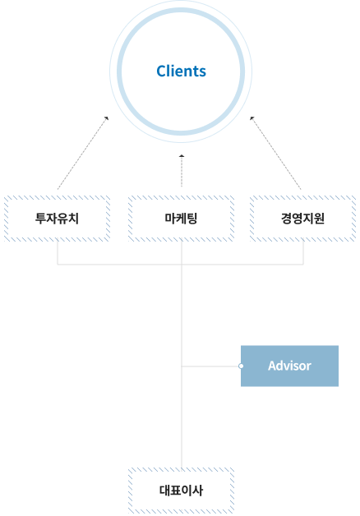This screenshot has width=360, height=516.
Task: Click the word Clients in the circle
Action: click(x=181, y=71)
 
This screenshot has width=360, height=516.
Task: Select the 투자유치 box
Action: click(x=57, y=219)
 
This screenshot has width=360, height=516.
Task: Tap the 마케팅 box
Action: click(x=181, y=219)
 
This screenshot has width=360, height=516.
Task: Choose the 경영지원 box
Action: click(x=302, y=219)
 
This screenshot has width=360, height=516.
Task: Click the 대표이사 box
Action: click(x=181, y=491)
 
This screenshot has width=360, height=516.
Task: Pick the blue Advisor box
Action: click(x=289, y=366)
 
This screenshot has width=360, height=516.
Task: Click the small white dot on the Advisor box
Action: click(x=241, y=366)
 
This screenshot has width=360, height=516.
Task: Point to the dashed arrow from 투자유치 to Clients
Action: click(x=82, y=153)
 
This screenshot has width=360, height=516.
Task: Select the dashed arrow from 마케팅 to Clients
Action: click(x=182, y=171)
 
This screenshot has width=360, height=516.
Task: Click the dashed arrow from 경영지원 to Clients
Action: click(x=275, y=153)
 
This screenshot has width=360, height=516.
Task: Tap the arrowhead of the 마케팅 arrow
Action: click(x=182, y=156)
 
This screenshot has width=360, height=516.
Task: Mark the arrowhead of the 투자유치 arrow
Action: click(x=107, y=118)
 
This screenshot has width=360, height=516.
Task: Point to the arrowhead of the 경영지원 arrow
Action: click(x=252, y=118)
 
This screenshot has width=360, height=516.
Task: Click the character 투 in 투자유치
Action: click(x=40, y=219)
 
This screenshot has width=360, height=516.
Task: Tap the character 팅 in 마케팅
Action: click(x=192, y=219)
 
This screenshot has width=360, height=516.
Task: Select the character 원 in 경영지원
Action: click(x=319, y=219)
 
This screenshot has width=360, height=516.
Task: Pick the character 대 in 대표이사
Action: click(x=164, y=491)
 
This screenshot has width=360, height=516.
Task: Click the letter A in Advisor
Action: click(x=273, y=366)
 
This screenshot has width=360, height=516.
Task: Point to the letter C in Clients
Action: click(x=161, y=71)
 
